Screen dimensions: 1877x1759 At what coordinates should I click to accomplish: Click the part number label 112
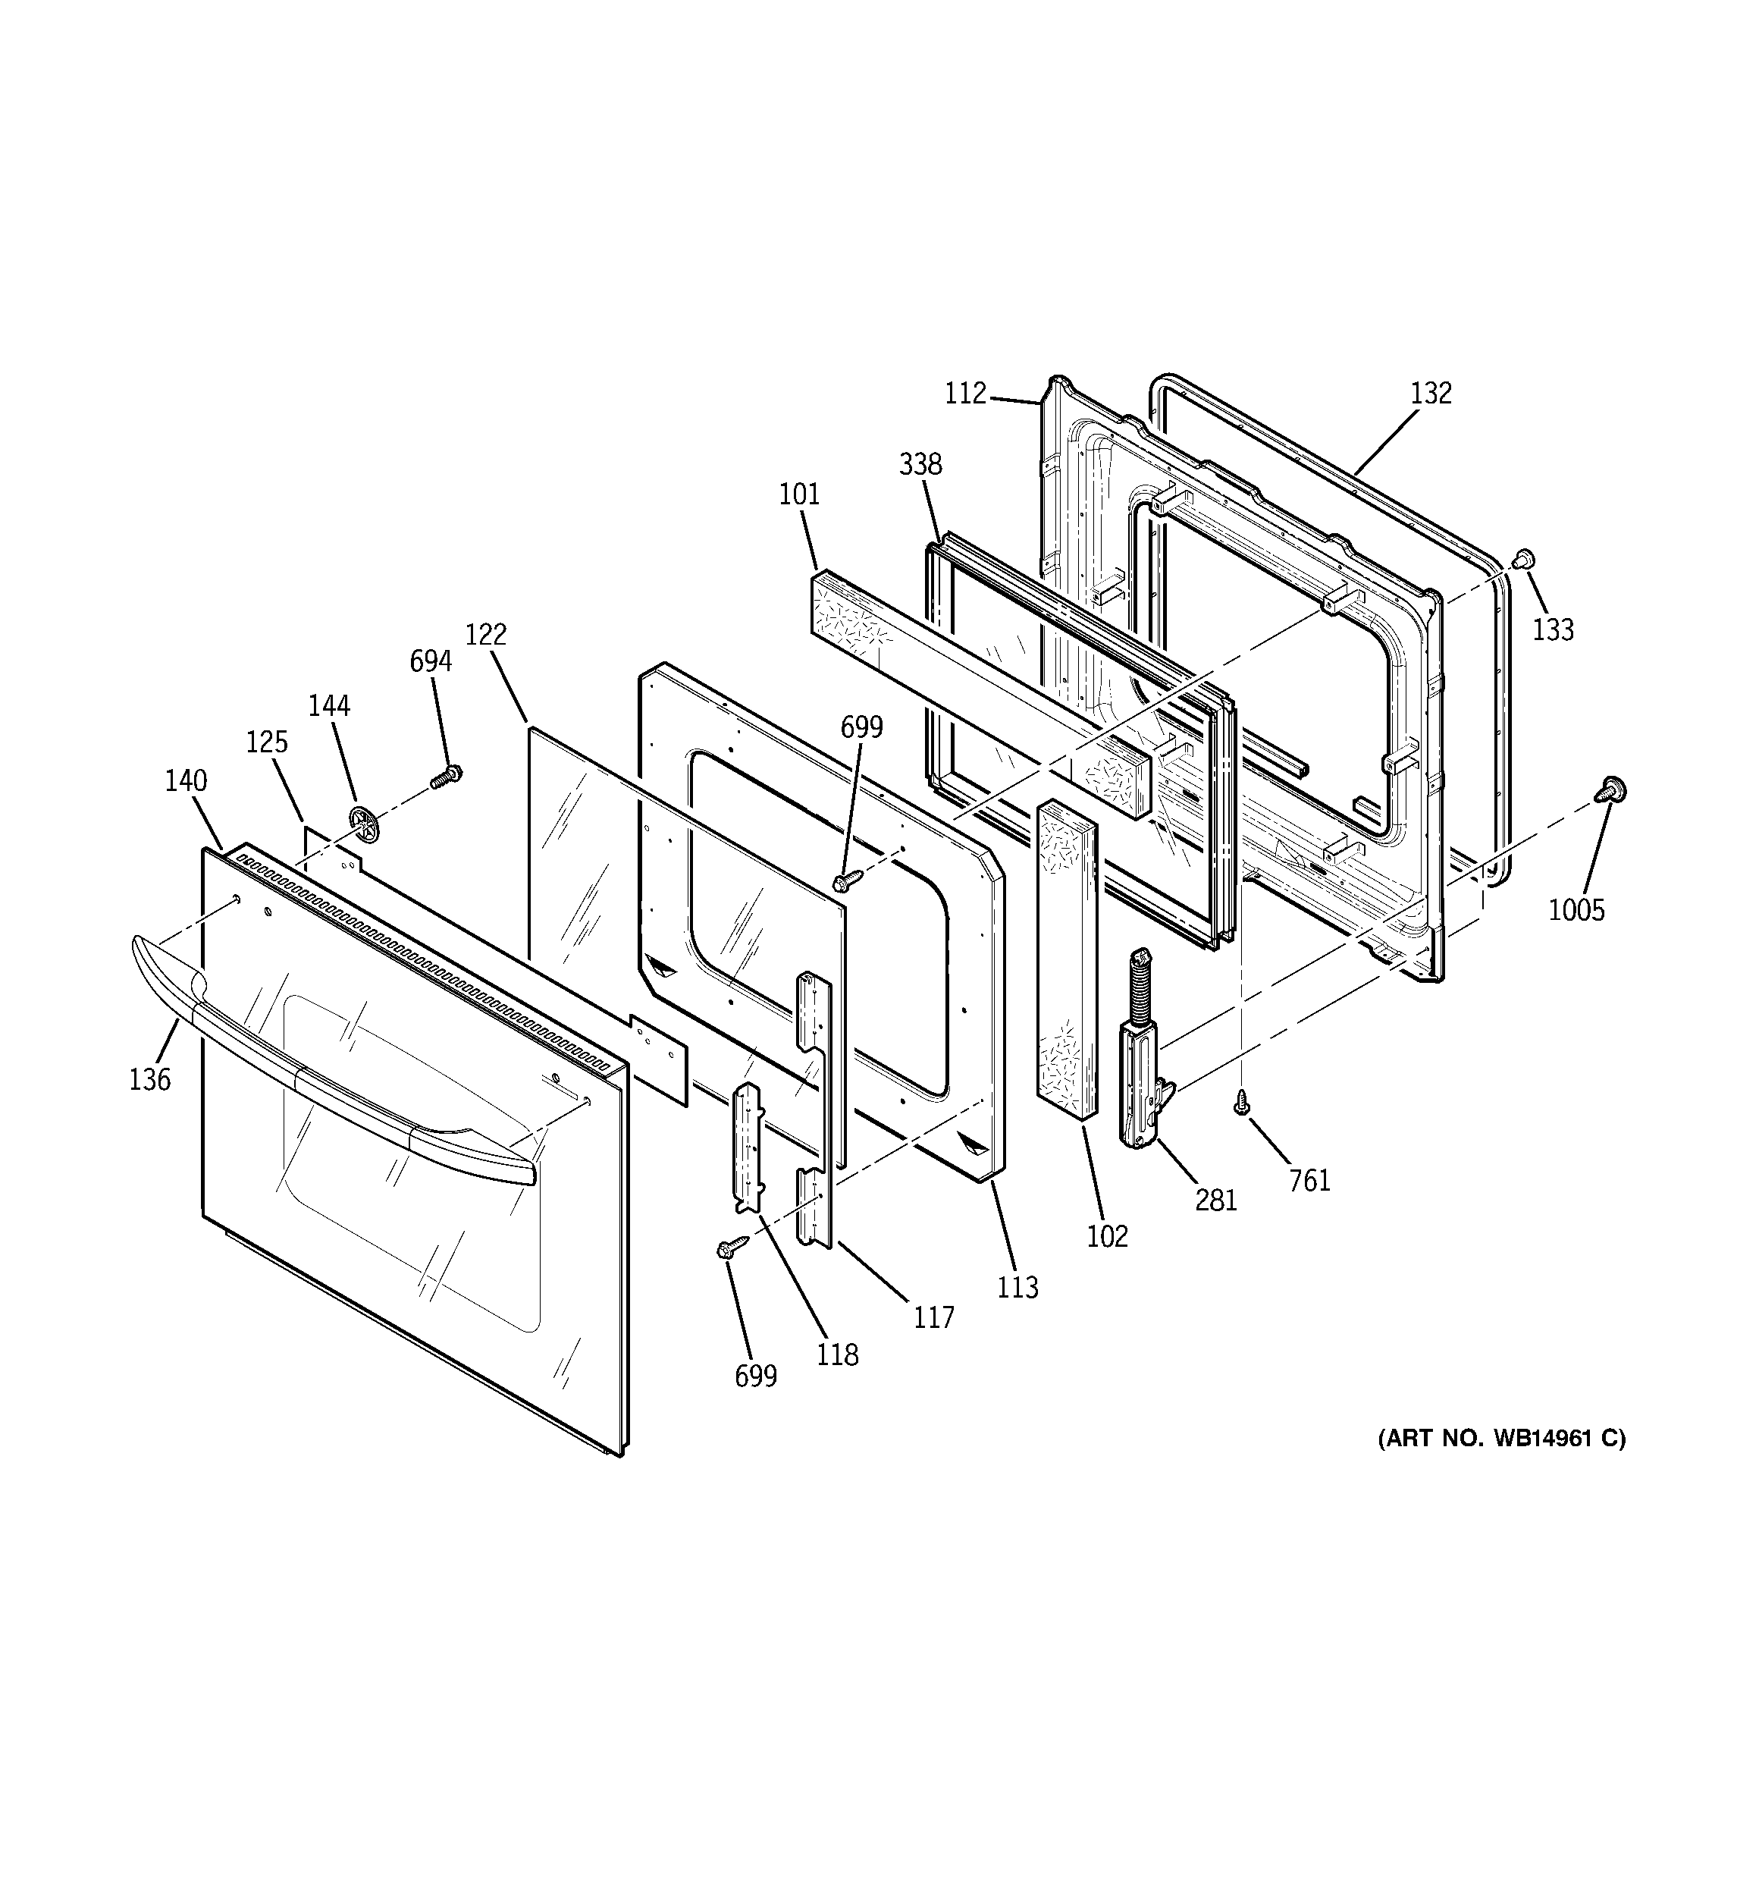pos(965,393)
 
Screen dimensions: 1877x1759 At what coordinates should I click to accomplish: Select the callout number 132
pos(1431,393)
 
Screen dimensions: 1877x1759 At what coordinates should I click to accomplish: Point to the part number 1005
pos(1576,910)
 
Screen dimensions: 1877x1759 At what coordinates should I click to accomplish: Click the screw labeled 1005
pos(1610,789)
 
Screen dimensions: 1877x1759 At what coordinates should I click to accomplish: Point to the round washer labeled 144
pos(362,826)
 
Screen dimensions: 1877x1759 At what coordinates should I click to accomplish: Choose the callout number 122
pos(485,635)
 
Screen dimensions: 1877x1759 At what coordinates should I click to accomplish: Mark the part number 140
pos(185,781)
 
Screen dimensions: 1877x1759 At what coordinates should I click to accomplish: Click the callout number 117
pos(934,1317)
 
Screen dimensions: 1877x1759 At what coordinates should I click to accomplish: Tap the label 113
pos(1017,1287)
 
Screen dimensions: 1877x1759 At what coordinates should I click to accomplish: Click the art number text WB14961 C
pos(1500,1438)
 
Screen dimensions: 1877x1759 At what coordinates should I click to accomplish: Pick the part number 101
pos(799,494)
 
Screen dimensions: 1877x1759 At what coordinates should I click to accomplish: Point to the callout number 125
pos(266,742)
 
